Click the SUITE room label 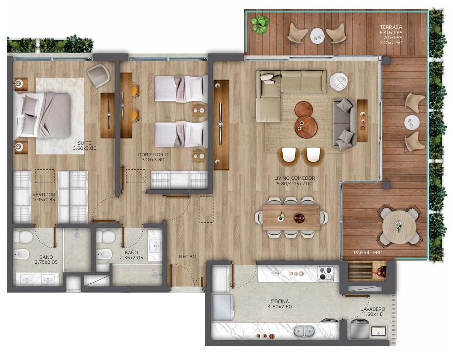coord(84,143)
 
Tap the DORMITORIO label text coord(153,154)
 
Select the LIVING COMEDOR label coord(294,178)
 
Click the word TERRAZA coord(391,27)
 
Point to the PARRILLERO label coord(368,253)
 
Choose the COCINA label coord(280,302)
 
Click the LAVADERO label coord(373,309)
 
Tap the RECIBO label coord(188,257)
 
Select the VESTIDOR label coord(44,194)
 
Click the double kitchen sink coord(304,331)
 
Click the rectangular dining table coord(291,217)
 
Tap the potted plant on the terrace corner coord(260,24)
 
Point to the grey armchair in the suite coord(99,75)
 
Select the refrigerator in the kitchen coord(223,307)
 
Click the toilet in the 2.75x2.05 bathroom coord(23,236)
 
